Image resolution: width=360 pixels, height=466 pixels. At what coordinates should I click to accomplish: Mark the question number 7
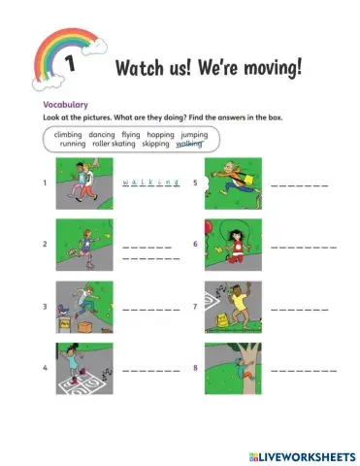[x=196, y=307]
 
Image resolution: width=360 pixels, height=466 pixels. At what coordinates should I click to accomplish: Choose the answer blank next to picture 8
[x=303, y=371]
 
